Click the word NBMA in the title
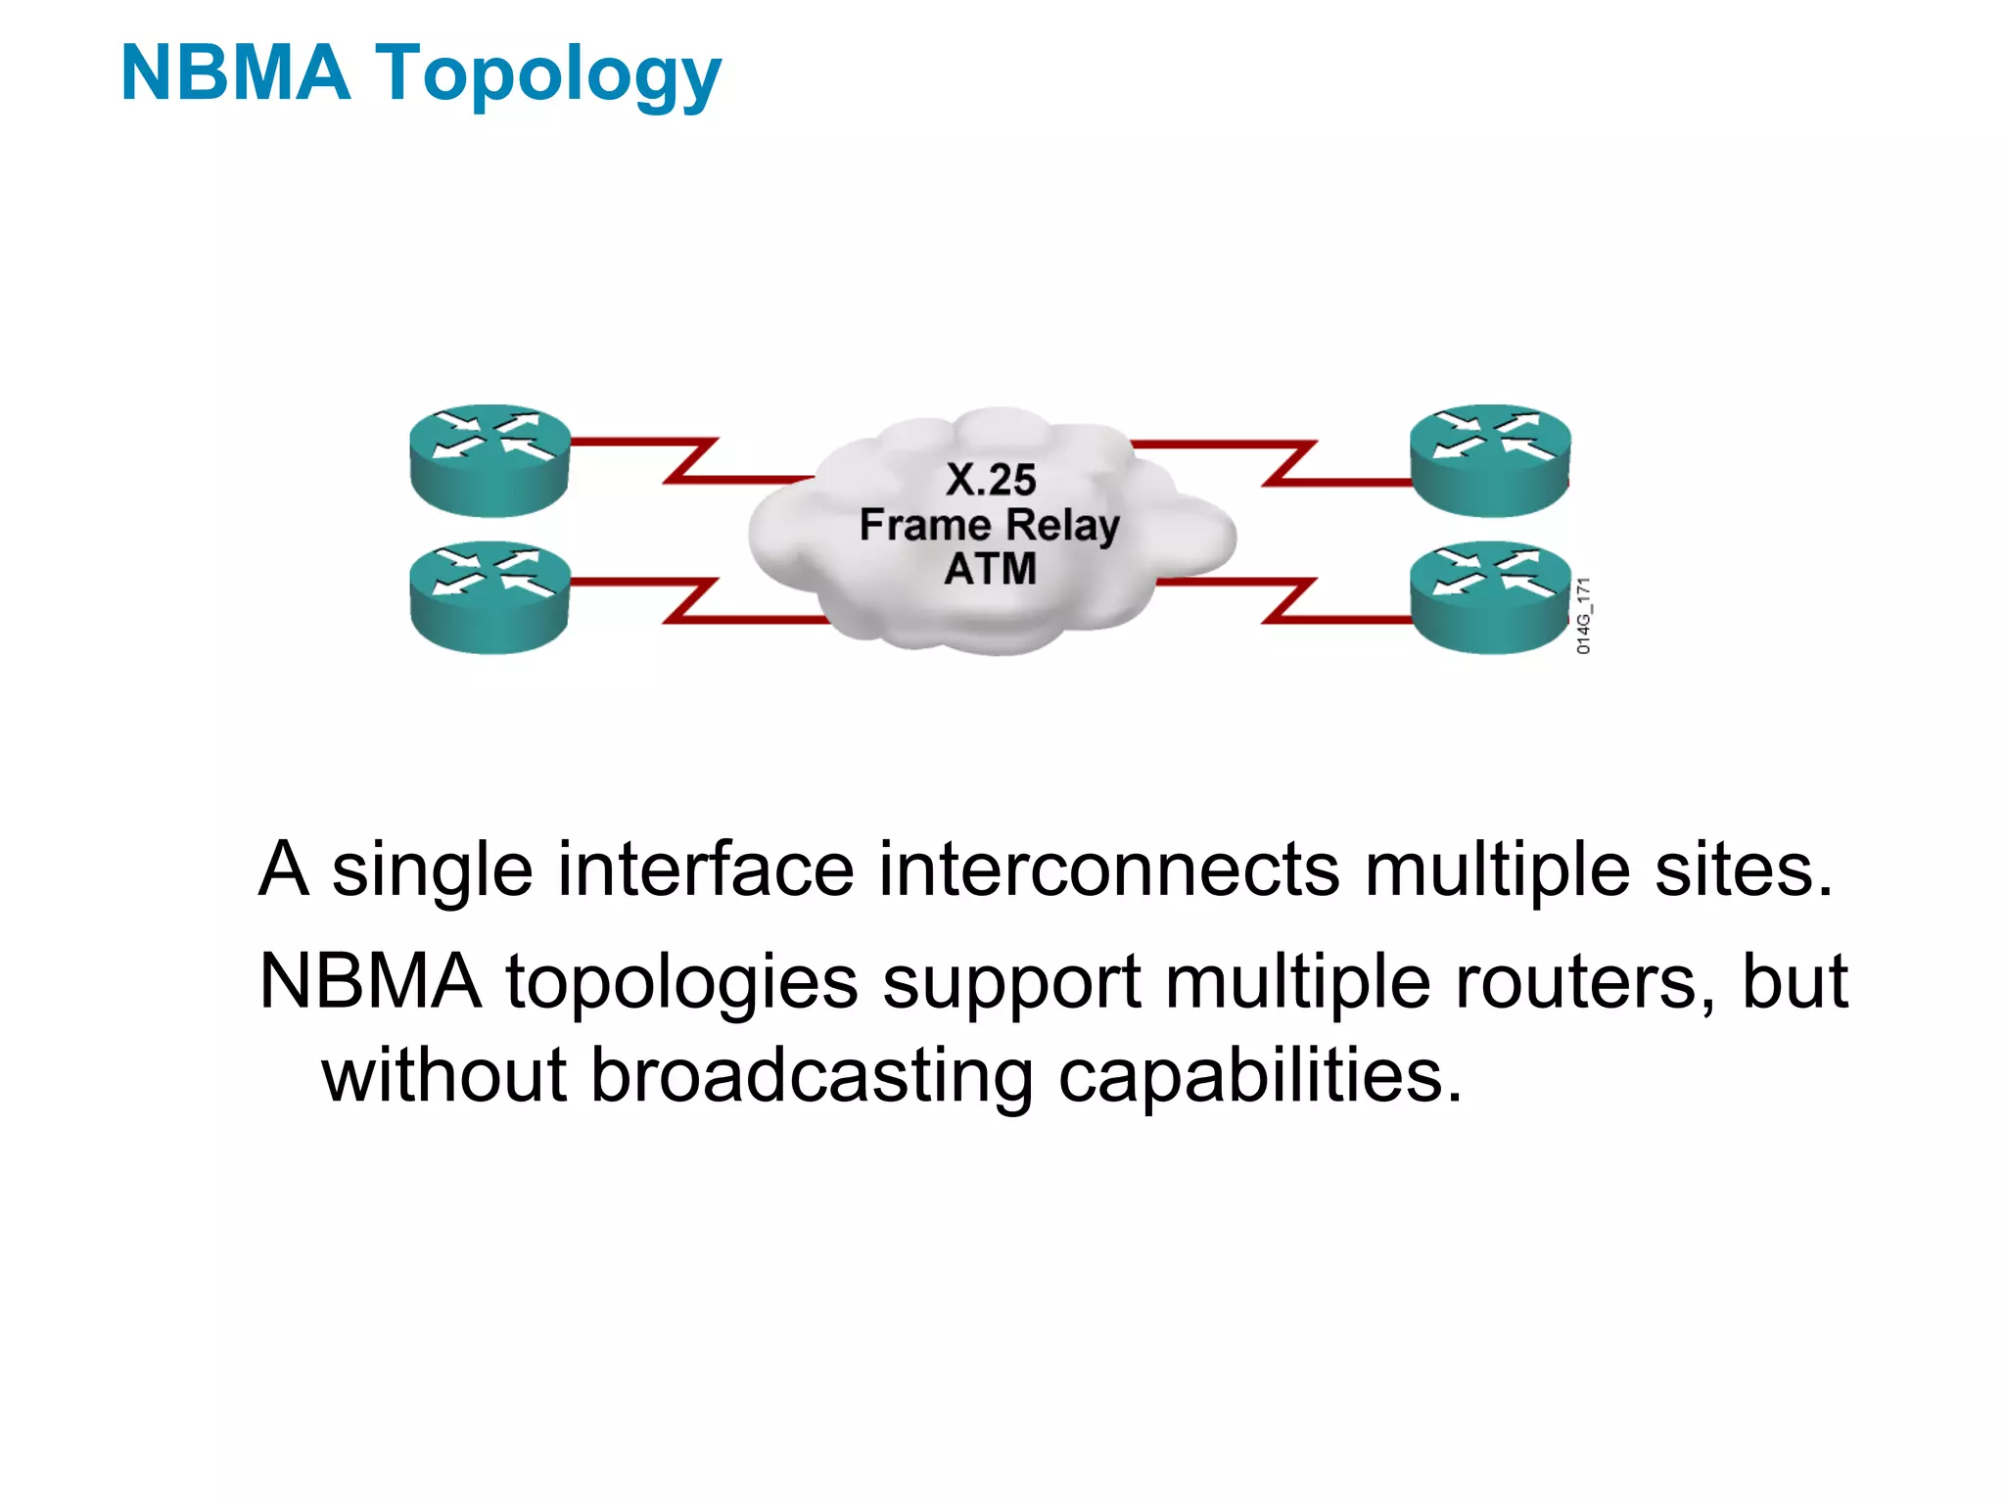(235, 73)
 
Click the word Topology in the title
(548, 76)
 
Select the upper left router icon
(490, 460)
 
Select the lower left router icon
(490, 597)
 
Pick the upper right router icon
(1489, 460)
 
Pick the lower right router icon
(1489, 597)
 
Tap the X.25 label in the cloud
(991, 480)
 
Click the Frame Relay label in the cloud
(989, 526)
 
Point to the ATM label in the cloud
(990, 569)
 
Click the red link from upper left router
(691, 460)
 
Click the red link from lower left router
(691, 600)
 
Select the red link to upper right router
(1288, 462)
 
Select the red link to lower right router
(1288, 600)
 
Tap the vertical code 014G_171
(1583, 615)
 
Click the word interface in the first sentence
(705, 869)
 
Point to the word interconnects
(1108, 869)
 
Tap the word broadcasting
(812, 1075)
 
